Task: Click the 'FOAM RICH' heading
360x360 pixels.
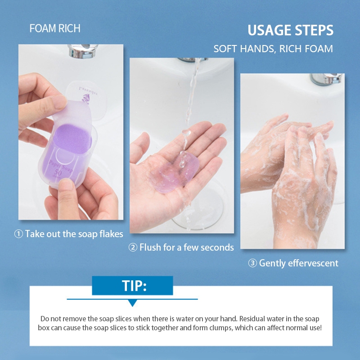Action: pos(55,28)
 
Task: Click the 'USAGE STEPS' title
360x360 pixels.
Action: pos(290,30)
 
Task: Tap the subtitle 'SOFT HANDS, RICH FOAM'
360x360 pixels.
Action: pos(273,49)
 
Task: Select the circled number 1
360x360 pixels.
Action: pos(18,234)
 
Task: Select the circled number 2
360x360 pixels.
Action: pos(133,247)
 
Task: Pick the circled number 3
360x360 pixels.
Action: pos(252,263)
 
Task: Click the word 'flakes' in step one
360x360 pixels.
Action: pos(111,234)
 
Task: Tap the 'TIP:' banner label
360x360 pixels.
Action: pos(134,286)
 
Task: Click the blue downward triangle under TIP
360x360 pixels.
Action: pos(132,303)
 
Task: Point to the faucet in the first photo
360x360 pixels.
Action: pos(83,51)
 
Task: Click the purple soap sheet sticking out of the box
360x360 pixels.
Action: pos(73,139)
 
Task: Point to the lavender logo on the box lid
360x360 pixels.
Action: pos(85,99)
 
